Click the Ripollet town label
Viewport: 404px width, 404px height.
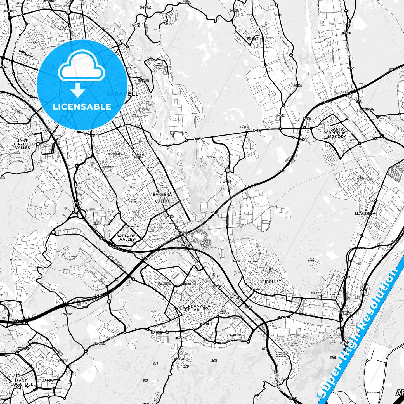tap(271, 282)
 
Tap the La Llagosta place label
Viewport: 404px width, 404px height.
tap(369, 212)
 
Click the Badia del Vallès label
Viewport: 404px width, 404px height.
tap(127, 238)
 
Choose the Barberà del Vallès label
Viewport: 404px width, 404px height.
tap(162, 198)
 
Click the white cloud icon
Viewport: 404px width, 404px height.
tap(82, 66)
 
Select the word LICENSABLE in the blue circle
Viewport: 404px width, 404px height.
tap(82, 107)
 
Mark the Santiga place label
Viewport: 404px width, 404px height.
tap(245, 127)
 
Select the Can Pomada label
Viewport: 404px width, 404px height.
tap(312, 260)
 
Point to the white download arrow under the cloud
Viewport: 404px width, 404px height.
tap(78, 90)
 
